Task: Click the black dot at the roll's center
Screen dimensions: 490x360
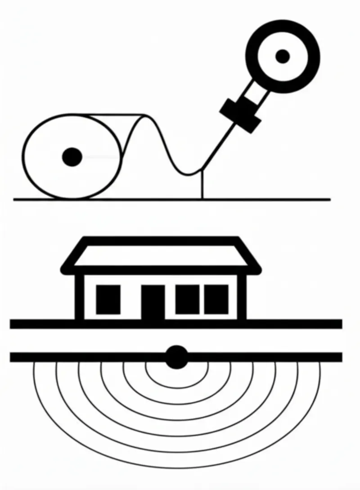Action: click(x=72, y=156)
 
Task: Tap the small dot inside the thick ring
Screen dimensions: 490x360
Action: click(x=283, y=56)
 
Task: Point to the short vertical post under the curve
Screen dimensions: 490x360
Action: click(x=202, y=185)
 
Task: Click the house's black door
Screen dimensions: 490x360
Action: click(x=153, y=303)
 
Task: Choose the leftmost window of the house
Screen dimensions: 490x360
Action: click(x=108, y=300)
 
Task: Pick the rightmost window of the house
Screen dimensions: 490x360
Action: click(x=216, y=299)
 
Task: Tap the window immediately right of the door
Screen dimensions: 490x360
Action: click(x=187, y=299)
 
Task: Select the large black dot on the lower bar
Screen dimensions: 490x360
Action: click(x=177, y=358)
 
